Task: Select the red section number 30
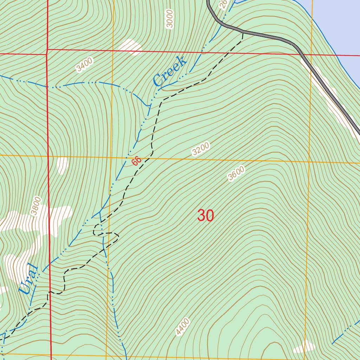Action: (205, 216)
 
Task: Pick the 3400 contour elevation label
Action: (84, 65)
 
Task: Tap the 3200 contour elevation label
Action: (201, 149)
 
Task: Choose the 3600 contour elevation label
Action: (236, 173)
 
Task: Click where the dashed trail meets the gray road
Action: (243, 32)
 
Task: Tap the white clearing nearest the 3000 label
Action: (130, 46)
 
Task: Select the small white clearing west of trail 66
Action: (62, 165)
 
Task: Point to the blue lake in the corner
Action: (337, 28)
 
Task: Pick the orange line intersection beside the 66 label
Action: (111, 157)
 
